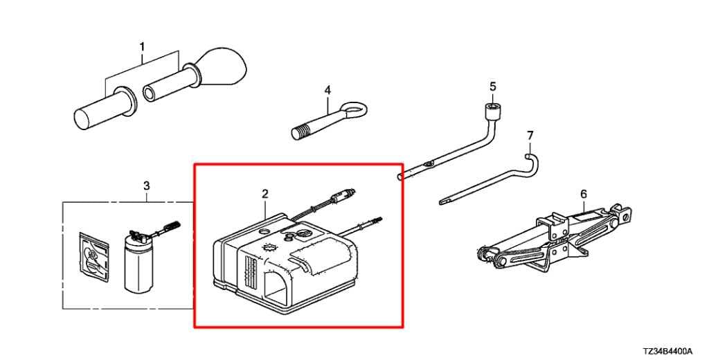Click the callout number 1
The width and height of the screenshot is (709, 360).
coord(142,47)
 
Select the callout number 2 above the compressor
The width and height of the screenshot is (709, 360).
coord(265,194)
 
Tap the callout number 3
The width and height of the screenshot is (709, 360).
coord(146,186)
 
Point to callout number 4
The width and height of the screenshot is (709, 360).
coord(327,91)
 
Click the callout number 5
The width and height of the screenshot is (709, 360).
coord(493,86)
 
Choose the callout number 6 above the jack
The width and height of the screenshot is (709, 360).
coord(584,194)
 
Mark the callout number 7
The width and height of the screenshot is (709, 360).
coord(530,135)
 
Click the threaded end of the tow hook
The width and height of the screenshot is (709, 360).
coord(299,133)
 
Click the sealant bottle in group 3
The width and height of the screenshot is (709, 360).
coord(138,262)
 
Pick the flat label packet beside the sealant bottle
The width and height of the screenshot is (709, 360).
coord(93,258)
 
